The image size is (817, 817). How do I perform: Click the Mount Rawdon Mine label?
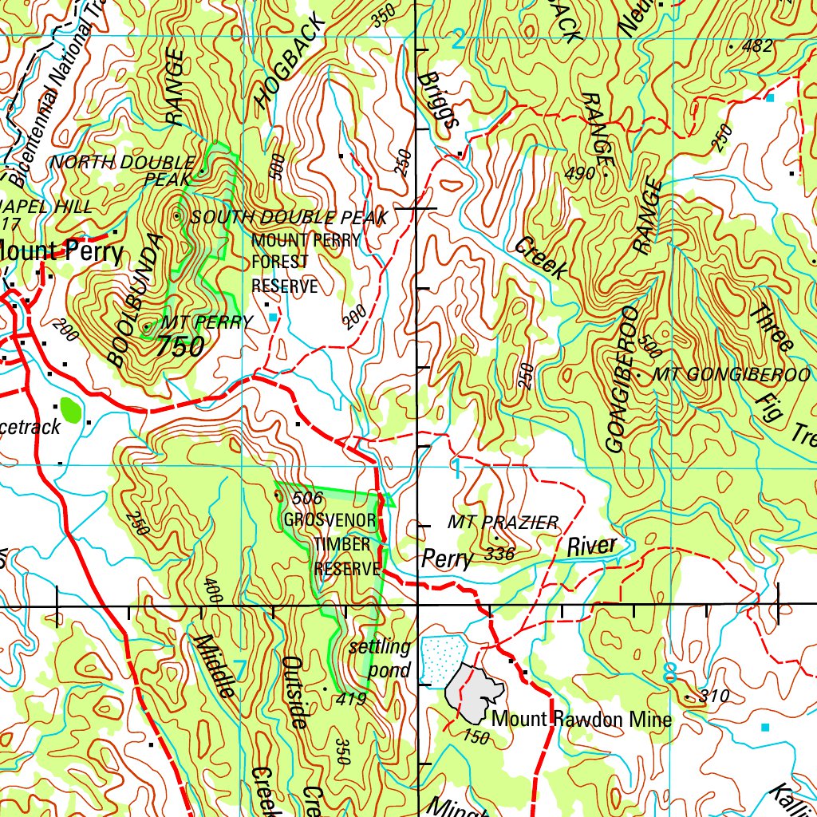click(582, 719)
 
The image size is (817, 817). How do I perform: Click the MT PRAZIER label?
click(503, 523)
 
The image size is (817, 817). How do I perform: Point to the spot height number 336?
click(499, 554)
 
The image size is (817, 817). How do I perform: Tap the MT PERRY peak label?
click(206, 322)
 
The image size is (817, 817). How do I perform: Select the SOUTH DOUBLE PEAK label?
click(289, 217)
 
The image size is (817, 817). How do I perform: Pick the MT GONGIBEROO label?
click(726, 374)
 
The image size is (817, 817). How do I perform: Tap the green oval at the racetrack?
click(71, 411)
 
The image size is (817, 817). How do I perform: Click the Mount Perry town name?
click(62, 252)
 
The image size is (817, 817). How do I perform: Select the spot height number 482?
click(756, 46)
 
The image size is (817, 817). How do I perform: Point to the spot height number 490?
click(579, 173)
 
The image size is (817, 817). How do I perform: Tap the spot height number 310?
click(713, 697)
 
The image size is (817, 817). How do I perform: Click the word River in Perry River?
click(592, 547)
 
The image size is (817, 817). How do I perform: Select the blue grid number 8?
click(670, 673)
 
